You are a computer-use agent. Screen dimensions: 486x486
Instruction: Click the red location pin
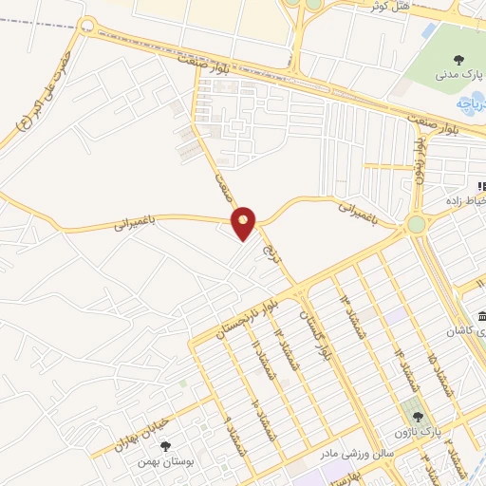tap(244, 223)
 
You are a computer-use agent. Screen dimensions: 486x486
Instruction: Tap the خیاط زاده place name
tap(466, 201)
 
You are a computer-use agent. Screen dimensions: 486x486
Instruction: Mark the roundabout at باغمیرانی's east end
tap(416, 224)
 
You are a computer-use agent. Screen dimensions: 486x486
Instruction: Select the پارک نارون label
tap(419, 432)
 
